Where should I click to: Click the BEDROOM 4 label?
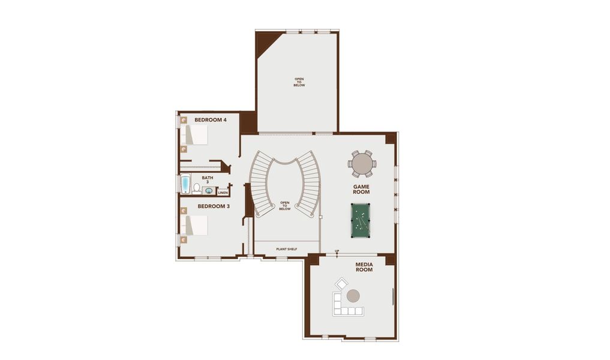pyautogui.click(x=210, y=120)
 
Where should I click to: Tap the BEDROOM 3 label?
pyautogui.click(x=214, y=206)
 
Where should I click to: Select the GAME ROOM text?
pyautogui.click(x=361, y=190)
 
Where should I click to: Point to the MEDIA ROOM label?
pyautogui.click(x=364, y=267)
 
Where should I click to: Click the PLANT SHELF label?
pyautogui.click(x=286, y=249)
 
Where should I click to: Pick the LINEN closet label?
pyautogui.click(x=223, y=193)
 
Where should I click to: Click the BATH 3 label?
pyautogui.click(x=208, y=179)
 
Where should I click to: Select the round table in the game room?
pyautogui.click(x=362, y=163)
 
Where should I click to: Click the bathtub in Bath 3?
pyautogui.click(x=185, y=184)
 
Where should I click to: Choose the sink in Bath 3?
pyautogui.click(x=209, y=191)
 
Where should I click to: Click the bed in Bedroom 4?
pyautogui.click(x=195, y=135)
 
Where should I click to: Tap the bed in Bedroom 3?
pyautogui.click(x=195, y=226)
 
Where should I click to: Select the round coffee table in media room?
pyautogui.click(x=353, y=296)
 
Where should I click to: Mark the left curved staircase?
pyautogui.click(x=261, y=183)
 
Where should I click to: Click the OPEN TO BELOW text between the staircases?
pyautogui.click(x=285, y=206)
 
